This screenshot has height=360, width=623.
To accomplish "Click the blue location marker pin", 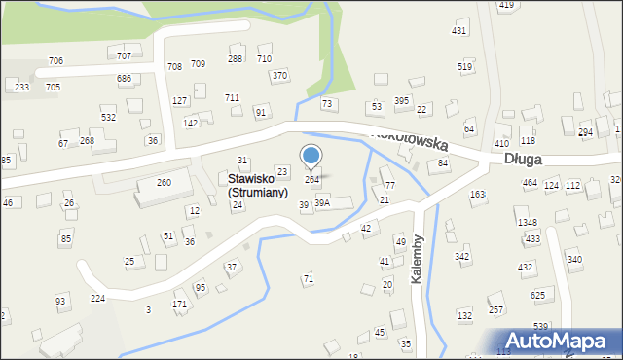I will (x=311, y=157).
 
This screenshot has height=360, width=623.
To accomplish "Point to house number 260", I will (x=164, y=182).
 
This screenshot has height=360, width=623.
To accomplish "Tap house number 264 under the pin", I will (x=311, y=180).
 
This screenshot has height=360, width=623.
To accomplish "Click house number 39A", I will (x=322, y=202).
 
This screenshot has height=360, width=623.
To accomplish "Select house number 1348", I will (x=528, y=223).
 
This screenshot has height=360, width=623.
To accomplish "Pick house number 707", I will (x=124, y=56).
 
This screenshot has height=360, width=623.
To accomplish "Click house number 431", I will (x=459, y=31).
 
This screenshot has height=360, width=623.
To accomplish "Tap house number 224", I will (x=97, y=298).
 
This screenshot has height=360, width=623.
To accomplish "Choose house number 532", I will (x=109, y=117).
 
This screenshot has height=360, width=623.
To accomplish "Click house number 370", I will (x=279, y=75).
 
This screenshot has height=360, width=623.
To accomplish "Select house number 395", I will (x=401, y=101).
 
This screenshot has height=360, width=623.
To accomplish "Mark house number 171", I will (x=179, y=305).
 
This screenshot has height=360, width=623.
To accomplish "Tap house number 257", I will (x=495, y=309).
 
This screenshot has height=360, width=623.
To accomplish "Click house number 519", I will (x=465, y=66).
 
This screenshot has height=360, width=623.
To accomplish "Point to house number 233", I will (x=21, y=87).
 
